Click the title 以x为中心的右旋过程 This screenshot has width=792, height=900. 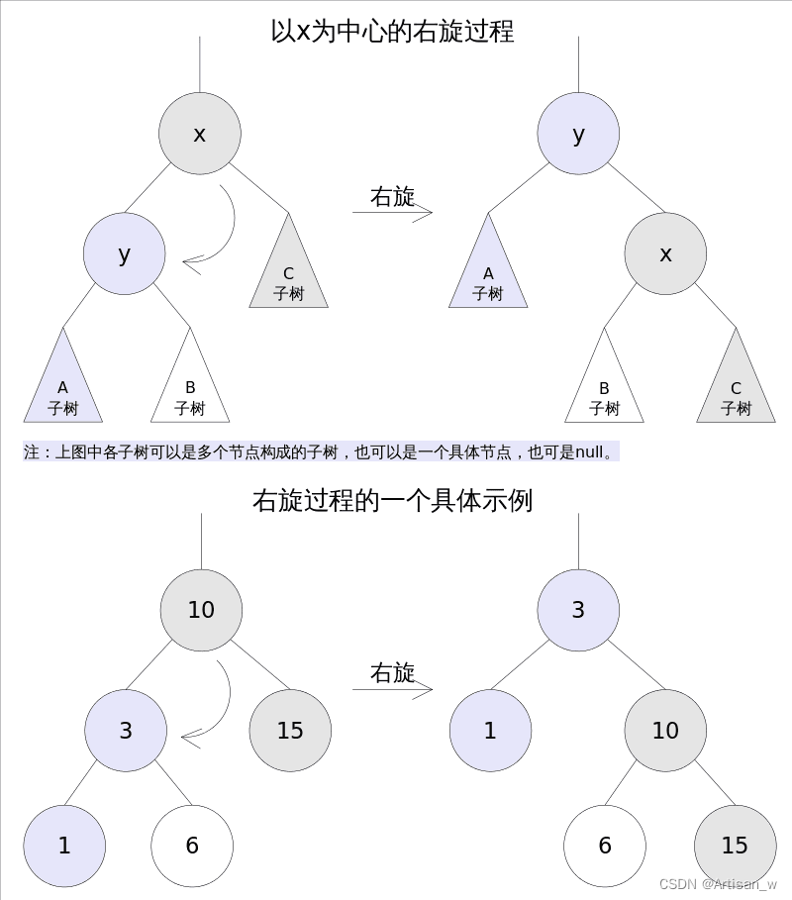tap(392, 31)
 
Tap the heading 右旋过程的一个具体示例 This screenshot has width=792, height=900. tap(392, 501)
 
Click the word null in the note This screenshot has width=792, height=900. tap(589, 452)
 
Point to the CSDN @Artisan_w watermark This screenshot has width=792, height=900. tap(718, 883)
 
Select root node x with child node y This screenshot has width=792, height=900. tap(200, 134)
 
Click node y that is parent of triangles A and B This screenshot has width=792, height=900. tap(124, 253)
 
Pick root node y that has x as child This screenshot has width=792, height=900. tap(578, 134)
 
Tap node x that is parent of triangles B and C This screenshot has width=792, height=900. tap(665, 253)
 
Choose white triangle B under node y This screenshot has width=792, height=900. tap(190, 389)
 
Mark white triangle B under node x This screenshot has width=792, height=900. tap(604, 389)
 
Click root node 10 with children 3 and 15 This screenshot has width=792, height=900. tap(201, 610)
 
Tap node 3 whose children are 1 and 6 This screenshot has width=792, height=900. tap(126, 731)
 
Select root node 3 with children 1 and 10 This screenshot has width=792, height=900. tap(578, 610)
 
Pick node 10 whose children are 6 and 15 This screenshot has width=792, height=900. tap(665, 731)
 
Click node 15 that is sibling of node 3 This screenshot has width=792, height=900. tap(290, 731)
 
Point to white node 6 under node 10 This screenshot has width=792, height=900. tap(605, 846)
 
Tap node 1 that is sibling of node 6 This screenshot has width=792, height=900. tap(64, 846)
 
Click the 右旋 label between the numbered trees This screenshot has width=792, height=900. tap(392, 673)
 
